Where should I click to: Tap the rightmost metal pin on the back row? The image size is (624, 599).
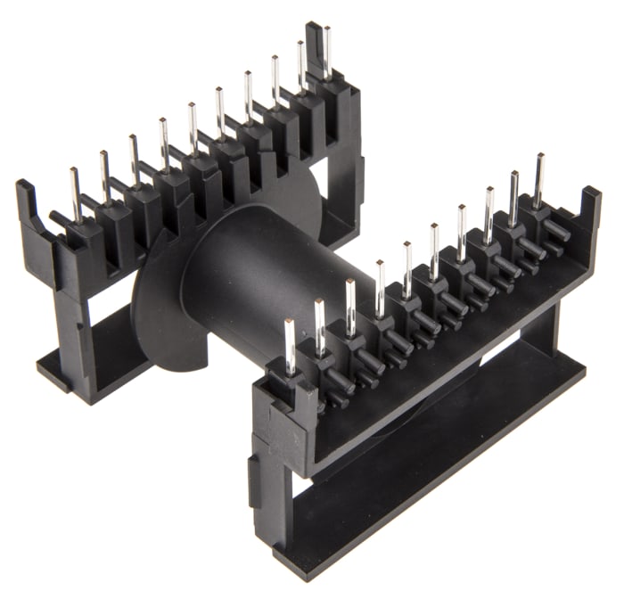[x=327, y=52]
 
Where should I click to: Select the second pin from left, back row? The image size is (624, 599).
[x=104, y=176]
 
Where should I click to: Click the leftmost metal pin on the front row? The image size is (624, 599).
[x=290, y=344]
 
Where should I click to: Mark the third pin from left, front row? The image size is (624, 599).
[x=350, y=306]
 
